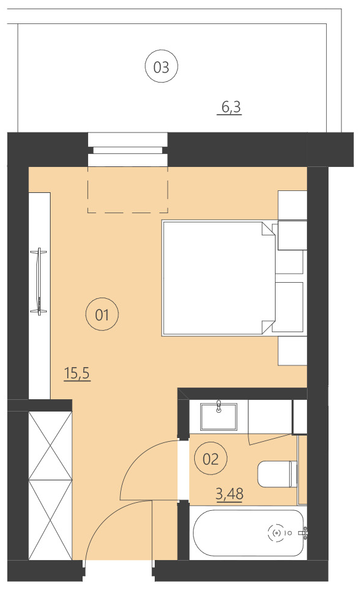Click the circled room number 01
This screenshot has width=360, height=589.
pos(102,315)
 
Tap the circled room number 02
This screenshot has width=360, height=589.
pos(210,458)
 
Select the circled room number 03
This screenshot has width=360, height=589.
pos(161,67)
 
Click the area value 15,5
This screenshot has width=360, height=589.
pos(77,373)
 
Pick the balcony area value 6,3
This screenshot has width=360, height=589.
pos(231,108)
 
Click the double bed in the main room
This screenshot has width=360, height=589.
pos(216,277)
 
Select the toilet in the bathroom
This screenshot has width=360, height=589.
pos(277,474)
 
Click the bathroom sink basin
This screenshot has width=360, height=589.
pos(219,416)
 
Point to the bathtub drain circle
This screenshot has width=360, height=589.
pos(276,532)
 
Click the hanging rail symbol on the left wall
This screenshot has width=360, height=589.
pos(41,281)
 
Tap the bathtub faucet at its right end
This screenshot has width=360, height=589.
pos(305,533)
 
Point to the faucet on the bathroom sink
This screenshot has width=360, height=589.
pos(219,405)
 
